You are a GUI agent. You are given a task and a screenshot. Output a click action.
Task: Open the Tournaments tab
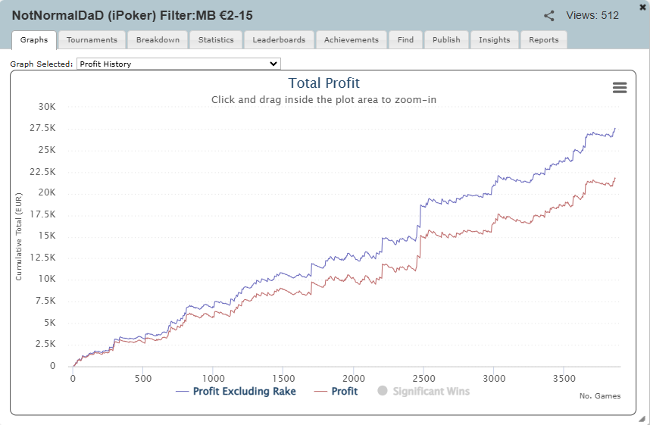pyautogui.click(x=92, y=40)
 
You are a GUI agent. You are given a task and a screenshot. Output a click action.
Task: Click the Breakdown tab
pyautogui.click(x=158, y=40)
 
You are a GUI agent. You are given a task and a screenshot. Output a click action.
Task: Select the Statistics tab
pyautogui.click(x=216, y=40)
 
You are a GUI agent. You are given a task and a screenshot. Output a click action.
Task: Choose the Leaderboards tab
pyautogui.click(x=279, y=40)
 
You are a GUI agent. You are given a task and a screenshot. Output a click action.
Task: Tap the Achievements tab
pyautogui.click(x=352, y=40)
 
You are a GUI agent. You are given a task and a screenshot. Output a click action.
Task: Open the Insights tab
pyautogui.click(x=495, y=40)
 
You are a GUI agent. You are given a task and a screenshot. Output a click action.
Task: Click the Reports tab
pyautogui.click(x=544, y=40)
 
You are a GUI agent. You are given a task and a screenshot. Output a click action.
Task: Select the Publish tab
pyautogui.click(x=446, y=40)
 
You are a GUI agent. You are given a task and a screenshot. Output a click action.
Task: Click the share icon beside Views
pyautogui.click(x=548, y=16)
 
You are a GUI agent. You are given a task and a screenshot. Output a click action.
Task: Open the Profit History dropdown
pyautogui.click(x=179, y=64)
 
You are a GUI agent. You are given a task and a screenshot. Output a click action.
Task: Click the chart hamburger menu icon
pyautogui.click(x=620, y=87)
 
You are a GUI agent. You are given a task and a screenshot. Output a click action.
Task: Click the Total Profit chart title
pyautogui.click(x=323, y=83)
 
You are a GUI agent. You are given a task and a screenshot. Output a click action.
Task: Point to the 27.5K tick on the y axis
pyautogui.click(x=42, y=128)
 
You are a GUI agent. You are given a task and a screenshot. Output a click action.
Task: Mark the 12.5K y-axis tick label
pyautogui.click(x=42, y=258)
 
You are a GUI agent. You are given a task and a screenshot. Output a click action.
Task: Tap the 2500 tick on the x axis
pyautogui.click(x=423, y=379)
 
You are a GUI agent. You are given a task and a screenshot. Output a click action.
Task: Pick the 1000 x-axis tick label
pyautogui.click(x=214, y=379)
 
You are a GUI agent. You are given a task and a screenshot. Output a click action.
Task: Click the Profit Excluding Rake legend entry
pyautogui.click(x=236, y=392)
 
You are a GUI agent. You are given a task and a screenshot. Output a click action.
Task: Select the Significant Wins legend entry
pyautogui.click(x=423, y=392)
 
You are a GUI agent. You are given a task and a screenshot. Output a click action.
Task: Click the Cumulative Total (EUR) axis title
pyautogui.click(x=19, y=237)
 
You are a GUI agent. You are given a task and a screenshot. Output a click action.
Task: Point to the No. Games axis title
pyautogui.click(x=600, y=396)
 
